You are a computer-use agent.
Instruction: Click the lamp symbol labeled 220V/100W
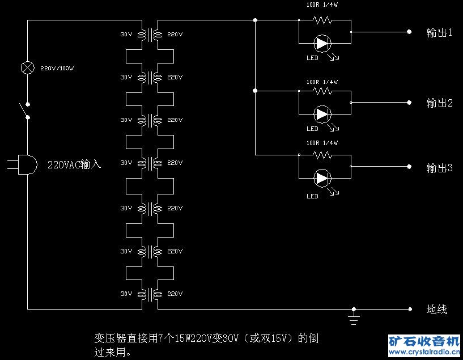[27, 68]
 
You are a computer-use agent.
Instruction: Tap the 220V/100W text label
[57, 68]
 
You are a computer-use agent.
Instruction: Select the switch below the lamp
[24, 111]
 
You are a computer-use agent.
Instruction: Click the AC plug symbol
[22, 164]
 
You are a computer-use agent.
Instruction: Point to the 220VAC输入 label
[74, 164]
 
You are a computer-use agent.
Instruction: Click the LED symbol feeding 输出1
[322, 44]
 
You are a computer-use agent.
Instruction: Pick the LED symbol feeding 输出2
[322, 114]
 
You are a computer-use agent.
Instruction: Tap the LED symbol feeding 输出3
[322, 178]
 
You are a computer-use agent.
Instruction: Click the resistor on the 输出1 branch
[322, 20]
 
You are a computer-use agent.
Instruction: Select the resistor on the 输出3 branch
[322, 155]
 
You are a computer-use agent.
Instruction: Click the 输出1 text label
[439, 32]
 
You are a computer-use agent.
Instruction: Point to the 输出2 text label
[439, 103]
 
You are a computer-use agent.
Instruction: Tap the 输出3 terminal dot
[409, 167]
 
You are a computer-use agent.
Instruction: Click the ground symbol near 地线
[354, 317]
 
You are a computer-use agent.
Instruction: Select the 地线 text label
[437, 309]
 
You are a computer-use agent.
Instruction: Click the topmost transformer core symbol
[150, 35]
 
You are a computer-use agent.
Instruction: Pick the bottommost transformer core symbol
[150, 294]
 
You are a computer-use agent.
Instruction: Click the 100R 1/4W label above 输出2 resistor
[322, 82]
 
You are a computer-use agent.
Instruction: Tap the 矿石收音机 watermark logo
[424, 345]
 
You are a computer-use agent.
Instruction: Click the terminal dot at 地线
[410, 309]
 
